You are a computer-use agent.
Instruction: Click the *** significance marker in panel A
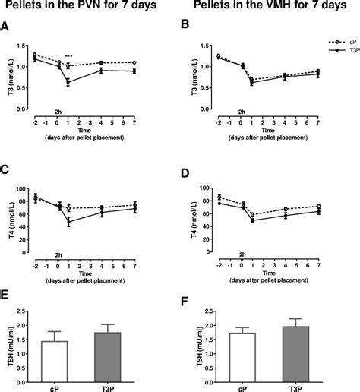click(69, 57)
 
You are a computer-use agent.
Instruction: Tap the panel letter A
click(5, 28)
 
